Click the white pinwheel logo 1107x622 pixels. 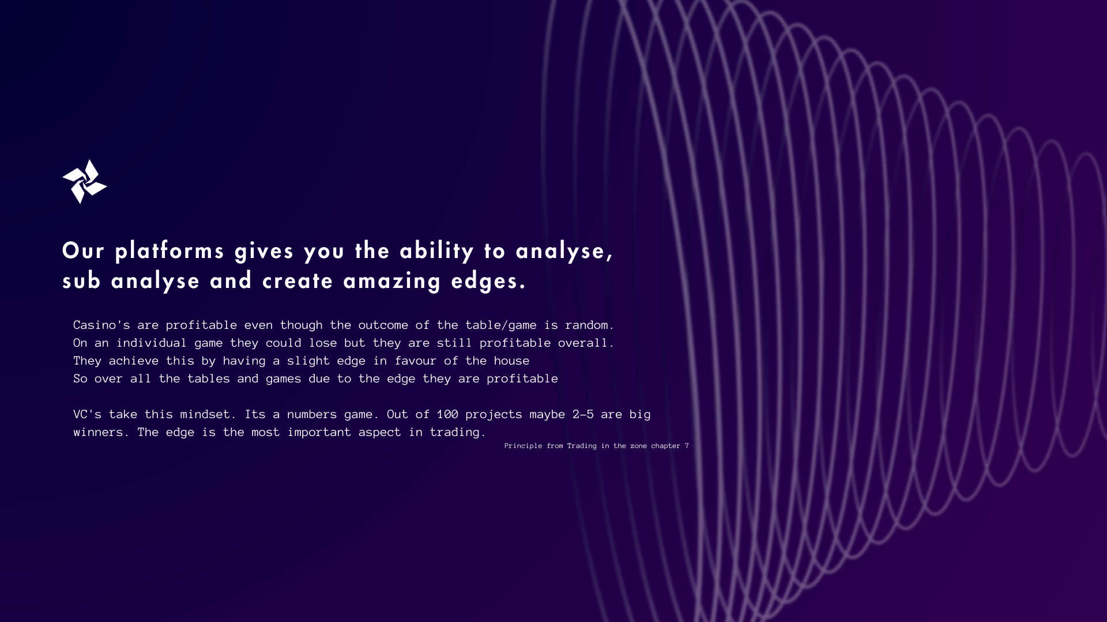85,182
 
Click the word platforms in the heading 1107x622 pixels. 170,252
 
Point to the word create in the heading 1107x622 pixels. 298,281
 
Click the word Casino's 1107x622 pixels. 102,325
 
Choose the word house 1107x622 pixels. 511,361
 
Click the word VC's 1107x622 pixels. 88,414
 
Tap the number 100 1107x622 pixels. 447,414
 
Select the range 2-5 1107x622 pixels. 583,414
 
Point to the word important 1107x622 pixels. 319,433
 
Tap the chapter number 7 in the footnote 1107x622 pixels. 687,446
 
